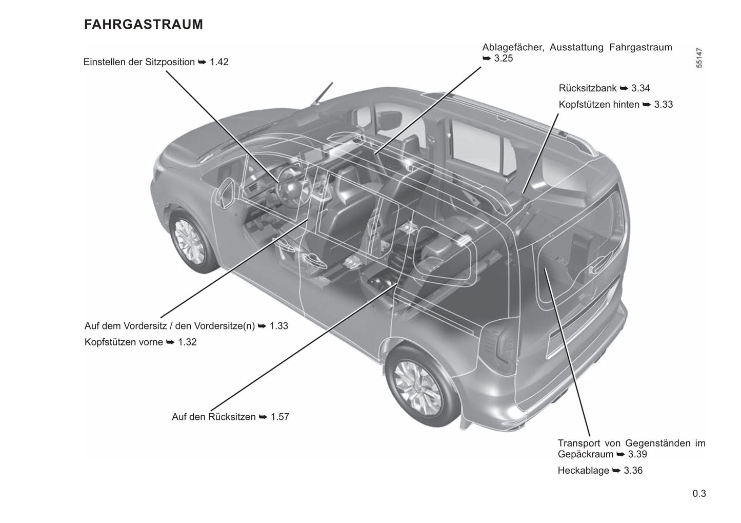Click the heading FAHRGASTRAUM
[x=144, y=24]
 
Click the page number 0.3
[x=699, y=494]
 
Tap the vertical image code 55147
[x=699, y=58]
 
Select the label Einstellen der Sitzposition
[x=139, y=62]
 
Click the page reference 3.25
[x=503, y=59]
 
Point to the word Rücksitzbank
[x=588, y=88]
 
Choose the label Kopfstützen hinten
[x=599, y=105]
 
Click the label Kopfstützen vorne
[x=124, y=342]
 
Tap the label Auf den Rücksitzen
[x=213, y=417]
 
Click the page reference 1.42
[x=219, y=62]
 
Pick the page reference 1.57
[x=280, y=417]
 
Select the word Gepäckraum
[x=585, y=454]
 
